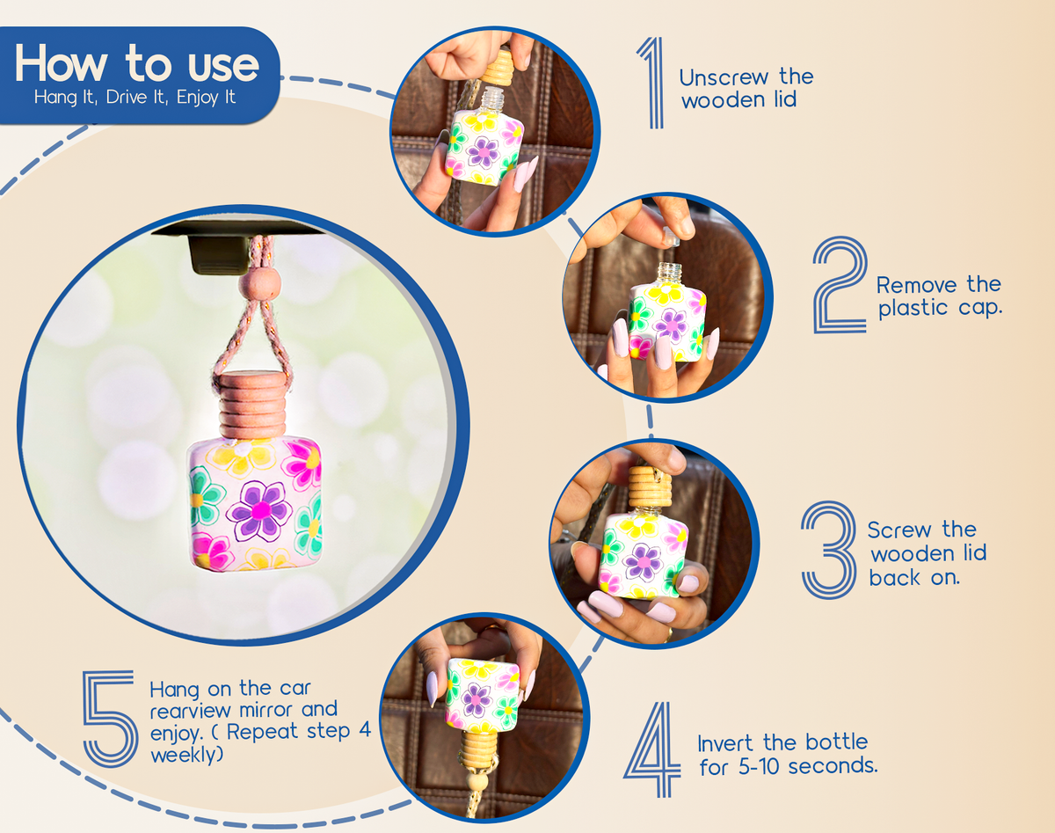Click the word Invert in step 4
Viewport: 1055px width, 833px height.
725,743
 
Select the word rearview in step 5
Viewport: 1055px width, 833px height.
190,711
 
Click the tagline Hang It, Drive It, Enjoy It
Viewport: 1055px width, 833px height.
135,97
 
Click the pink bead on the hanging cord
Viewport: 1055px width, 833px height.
259,285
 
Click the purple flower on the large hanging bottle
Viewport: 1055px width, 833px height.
259,510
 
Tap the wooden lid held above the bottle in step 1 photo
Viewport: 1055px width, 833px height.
497,68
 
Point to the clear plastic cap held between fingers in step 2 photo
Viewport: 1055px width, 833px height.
670,236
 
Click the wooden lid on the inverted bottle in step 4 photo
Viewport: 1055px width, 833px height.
480,749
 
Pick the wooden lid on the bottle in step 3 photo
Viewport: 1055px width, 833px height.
650,486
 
